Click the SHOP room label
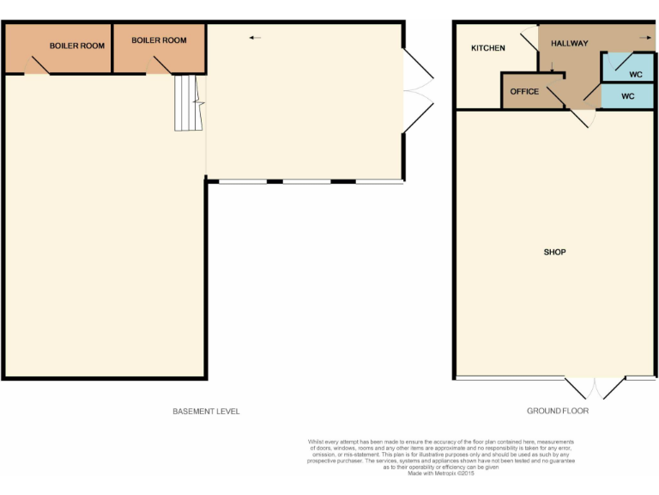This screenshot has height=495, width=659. pyautogui.click(x=554, y=252)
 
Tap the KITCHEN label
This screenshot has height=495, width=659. pyautogui.click(x=487, y=48)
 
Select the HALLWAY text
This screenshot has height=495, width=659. pyautogui.click(x=569, y=43)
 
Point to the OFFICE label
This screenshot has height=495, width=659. pyautogui.click(x=524, y=92)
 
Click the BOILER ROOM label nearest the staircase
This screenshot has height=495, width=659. pyautogui.click(x=159, y=40)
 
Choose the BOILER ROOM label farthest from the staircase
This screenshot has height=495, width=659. pyautogui.click(x=77, y=46)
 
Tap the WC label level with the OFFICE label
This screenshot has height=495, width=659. pyautogui.click(x=627, y=96)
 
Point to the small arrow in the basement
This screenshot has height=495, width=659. pyautogui.click(x=255, y=38)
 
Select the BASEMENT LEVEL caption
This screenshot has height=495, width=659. pyautogui.click(x=206, y=412)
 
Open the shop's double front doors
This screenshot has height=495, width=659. pyautogui.click(x=595, y=388)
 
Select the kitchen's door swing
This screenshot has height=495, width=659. pyautogui.click(x=529, y=36)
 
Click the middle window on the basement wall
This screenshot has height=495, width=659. pyautogui.click(x=306, y=181)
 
